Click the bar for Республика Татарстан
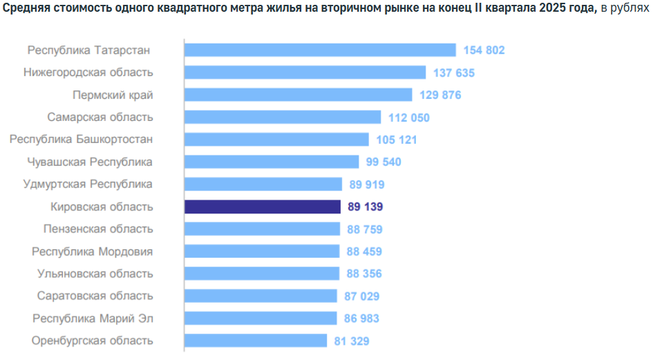320,50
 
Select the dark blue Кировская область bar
263,207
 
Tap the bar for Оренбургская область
256,341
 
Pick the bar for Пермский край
298,95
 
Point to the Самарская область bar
283,117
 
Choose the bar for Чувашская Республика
272,162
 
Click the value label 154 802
484,50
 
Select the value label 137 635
454,73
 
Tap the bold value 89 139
365,207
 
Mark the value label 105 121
397,140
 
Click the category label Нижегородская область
88,73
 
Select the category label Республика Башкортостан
81,140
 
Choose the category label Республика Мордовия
93,252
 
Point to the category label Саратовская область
95,296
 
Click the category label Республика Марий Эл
93,319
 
